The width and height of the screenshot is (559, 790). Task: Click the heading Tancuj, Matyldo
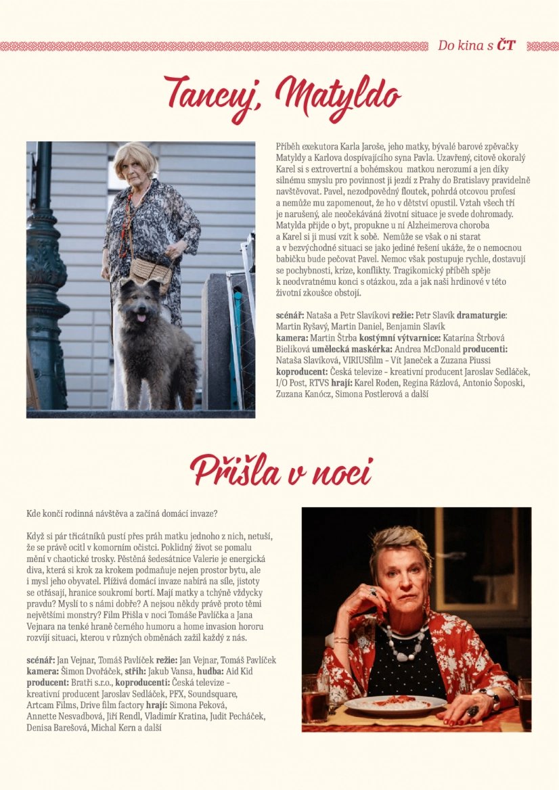click(x=282, y=99)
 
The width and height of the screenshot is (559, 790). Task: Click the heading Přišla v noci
click(x=281, y=469)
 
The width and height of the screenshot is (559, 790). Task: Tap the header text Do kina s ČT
click(x=476, y=46)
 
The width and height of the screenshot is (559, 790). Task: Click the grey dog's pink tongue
click(x=141, y=317)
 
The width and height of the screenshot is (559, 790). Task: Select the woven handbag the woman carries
click(x=150, y=271)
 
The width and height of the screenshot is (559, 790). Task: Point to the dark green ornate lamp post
click(x=45, y=271)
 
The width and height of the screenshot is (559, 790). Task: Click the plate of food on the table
click(x=394, y=705)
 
